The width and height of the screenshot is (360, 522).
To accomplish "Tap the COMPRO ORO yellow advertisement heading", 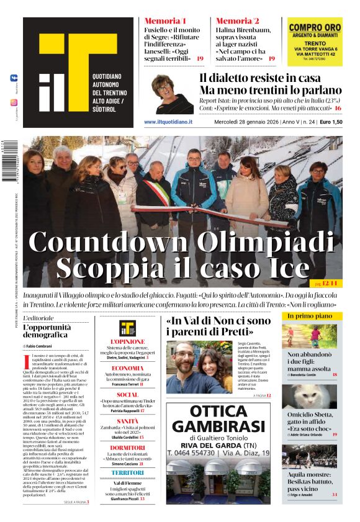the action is [x=315, y=27].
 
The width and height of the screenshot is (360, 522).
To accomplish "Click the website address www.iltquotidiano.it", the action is [x=168, y=122].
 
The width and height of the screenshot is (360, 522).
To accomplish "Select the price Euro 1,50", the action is [x=331, y=122].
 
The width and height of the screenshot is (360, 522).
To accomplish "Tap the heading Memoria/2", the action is [x=238, y=20].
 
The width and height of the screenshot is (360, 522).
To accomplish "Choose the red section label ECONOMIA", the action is [x=127, y=368].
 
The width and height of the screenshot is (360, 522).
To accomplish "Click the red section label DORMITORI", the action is [x=127, y=448].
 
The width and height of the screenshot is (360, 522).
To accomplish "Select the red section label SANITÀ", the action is [x=128, y=421].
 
